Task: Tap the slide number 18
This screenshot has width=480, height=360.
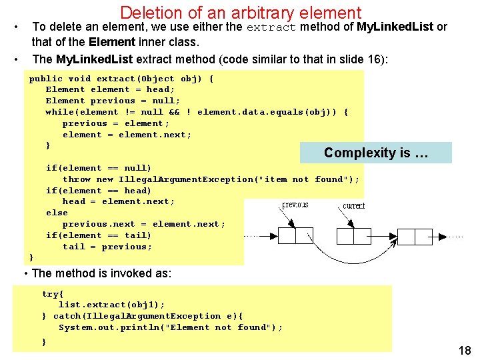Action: point(464,351)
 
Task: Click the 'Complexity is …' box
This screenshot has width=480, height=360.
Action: point(375,153)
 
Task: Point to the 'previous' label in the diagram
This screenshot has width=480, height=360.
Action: point(295,205)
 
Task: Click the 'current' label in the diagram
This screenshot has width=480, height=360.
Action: point(353,206)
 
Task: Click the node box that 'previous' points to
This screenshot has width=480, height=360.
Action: point(295,236)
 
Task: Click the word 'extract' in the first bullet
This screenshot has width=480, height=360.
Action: point(271,27)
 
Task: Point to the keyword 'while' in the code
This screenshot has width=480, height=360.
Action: point(59,112)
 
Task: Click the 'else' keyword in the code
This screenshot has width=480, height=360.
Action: point(57,213)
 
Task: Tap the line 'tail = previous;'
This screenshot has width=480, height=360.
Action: point(107,247)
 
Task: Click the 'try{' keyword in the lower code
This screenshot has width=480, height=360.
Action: point(53,294)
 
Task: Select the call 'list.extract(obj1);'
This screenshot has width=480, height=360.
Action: point(111,305)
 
